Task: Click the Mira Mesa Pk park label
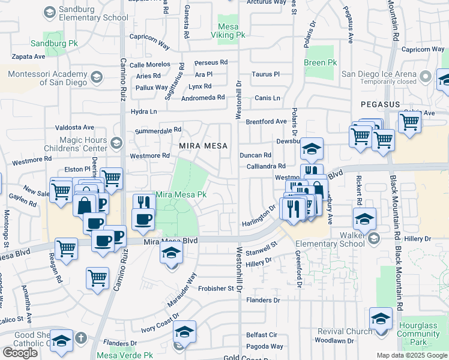tap(181, 195)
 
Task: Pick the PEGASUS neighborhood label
tap(380, 104)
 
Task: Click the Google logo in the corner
tap(20, 353)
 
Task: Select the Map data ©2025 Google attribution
tap(412, 355)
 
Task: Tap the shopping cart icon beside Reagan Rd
tap(66, 248)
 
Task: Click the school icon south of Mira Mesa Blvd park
tap(170, 254)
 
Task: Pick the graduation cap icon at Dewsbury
tap(312, 148)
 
